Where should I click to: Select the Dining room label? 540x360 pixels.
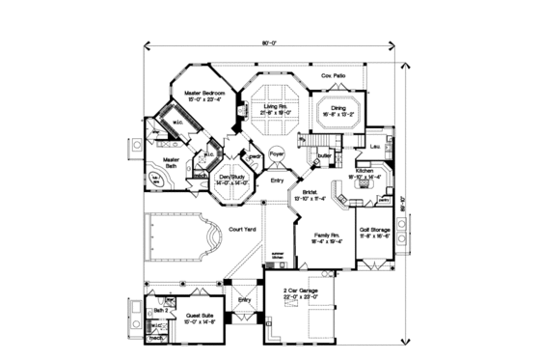pos(338,108)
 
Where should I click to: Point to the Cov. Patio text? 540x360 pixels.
pos(333,74)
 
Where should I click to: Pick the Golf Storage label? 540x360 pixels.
pos(374,229)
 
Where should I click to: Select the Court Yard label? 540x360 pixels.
pos(241,230)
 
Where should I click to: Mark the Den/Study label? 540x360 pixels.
pos(235,179)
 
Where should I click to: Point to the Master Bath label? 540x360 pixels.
pos(172,162)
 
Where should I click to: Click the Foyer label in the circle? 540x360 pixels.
pos(277,153)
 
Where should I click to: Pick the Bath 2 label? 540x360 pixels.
pos(159,310)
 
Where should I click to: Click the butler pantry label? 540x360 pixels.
pos(326,154)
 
